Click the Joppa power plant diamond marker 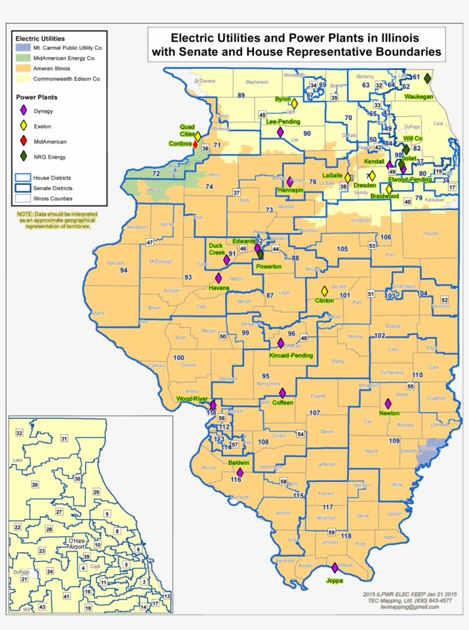pyautogui.click(x=335, y=568)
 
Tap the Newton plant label pyautogui.click(x=389, y=413)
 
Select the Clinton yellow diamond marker pyautogui.click(x=324, y=291)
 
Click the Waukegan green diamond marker pyautogui.click(x=427, y=78)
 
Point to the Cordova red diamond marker pyautogui.click(x=195, y=144)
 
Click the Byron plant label pyautogui.click(x=283, y=98)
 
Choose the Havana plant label pyautogui.click(x=219, y=287)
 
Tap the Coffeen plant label pyautogui.click(x=283, y=402)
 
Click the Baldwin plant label pyautogui.click(x=239, y=462)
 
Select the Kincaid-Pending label pyautogui.click(x=291, y=355)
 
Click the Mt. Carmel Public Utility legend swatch pyautogui.click(x=23, y=48)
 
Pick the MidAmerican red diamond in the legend pyautogui.click(x=23, y=141)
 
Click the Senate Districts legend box pyautogui.click(x=23, y=188)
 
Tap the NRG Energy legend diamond pyautogui.click(x=23, y=156)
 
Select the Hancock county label pyautogui.click(x=116, y=263)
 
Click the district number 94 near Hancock pyautogui.click(x=124, y=270)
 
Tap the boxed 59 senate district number pyautogui.click(x=331, y=533)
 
